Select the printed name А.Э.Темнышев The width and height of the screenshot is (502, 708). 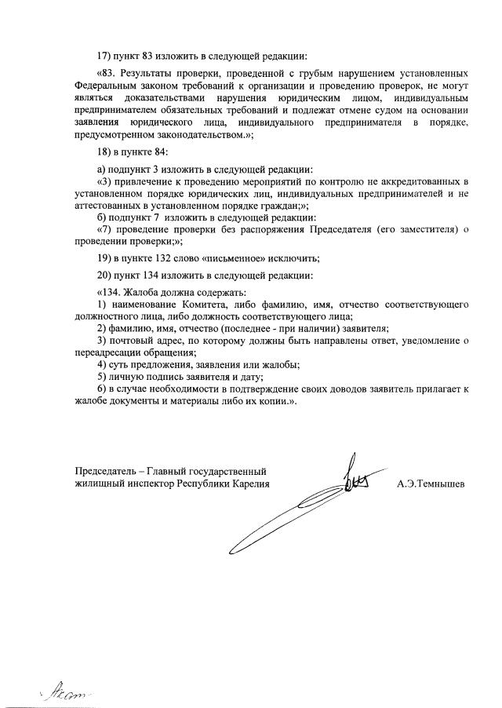(x=431, y=484)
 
